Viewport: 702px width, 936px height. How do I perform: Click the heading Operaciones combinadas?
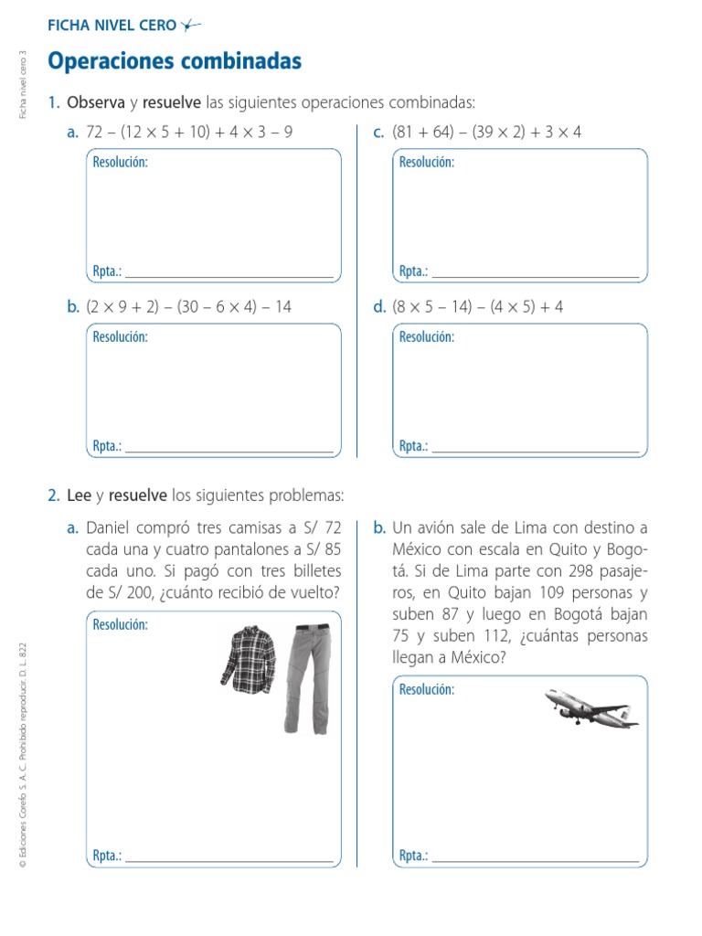point(174,61)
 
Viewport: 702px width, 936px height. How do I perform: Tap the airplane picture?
point(591,707)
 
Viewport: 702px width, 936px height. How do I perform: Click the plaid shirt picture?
point(249,656)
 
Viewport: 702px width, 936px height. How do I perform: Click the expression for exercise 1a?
point(189,133)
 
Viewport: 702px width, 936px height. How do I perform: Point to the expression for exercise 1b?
point(188,307)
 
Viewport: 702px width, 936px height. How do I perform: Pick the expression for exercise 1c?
point(486,133)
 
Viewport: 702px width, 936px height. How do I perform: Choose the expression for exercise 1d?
point(477,307)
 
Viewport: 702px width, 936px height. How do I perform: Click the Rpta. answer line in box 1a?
point(229,276)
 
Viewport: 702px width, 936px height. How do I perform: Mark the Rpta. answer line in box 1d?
point(535,452)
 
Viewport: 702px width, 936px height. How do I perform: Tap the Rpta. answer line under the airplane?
point(535,861)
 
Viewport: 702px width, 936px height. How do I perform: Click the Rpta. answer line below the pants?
point(229,861)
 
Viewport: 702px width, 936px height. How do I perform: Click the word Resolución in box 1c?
point(427,163)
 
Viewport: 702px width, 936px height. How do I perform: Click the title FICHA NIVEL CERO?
point(112,26)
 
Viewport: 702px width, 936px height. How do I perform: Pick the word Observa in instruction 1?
point(95,102)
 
